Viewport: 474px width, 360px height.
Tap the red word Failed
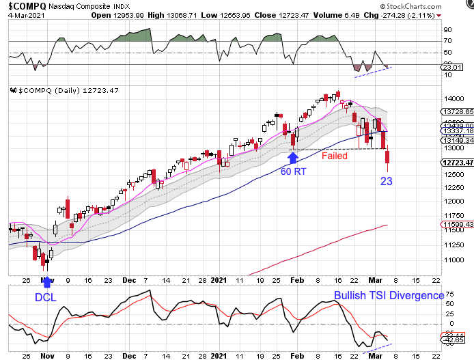click(x=335, y=156)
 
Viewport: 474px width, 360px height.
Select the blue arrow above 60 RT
click(x=294, y=158)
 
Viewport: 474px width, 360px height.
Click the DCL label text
click(x=46, y=298)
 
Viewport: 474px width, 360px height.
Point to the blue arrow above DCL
click(x=46, y=281)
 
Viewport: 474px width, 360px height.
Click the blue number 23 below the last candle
click(x=387, y=182)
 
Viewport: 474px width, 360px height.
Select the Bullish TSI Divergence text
click(x=389, y=295)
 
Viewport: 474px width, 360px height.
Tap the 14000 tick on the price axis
click(x=453, y=99)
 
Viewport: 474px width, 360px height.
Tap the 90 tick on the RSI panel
click(x=449, y=30)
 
